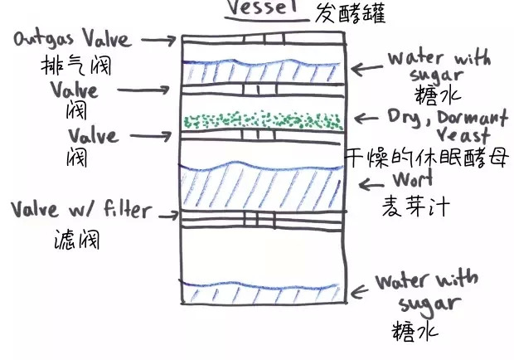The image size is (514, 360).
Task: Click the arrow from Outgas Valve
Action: pyautogui.click(x=159, y=40)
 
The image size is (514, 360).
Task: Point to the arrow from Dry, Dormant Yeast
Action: pyautogui.click(x=366, y=118)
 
